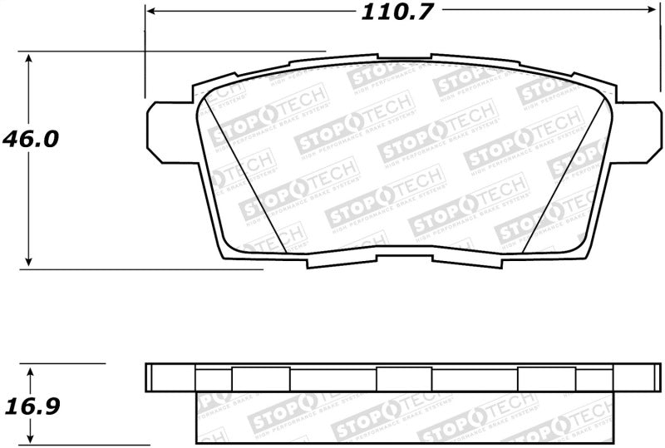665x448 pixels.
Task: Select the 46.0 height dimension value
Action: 31,139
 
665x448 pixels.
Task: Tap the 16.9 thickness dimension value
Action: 30,407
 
